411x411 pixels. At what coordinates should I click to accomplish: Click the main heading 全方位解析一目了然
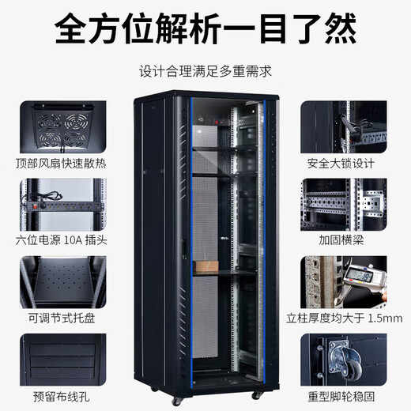pyautogui.click(x=205, y=29)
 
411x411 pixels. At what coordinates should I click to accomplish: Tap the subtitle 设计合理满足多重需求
pyautogui.click(x=205, y=71)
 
